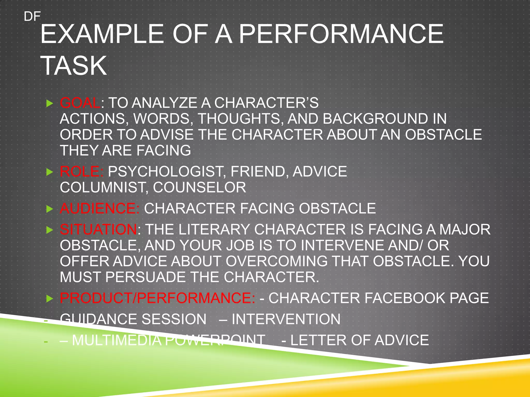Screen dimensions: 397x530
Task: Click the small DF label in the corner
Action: point(32,17)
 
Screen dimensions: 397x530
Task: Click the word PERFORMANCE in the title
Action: point(341,34)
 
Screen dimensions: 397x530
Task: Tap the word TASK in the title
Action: point(74,66)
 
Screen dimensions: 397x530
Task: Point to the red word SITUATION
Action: point(99,230)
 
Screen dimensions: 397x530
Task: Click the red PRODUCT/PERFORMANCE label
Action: point(157,298)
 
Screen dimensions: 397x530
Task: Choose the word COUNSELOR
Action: point(200,187)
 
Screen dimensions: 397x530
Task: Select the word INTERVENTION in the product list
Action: point(286,319)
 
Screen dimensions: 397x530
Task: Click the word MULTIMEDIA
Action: point(117,340)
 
